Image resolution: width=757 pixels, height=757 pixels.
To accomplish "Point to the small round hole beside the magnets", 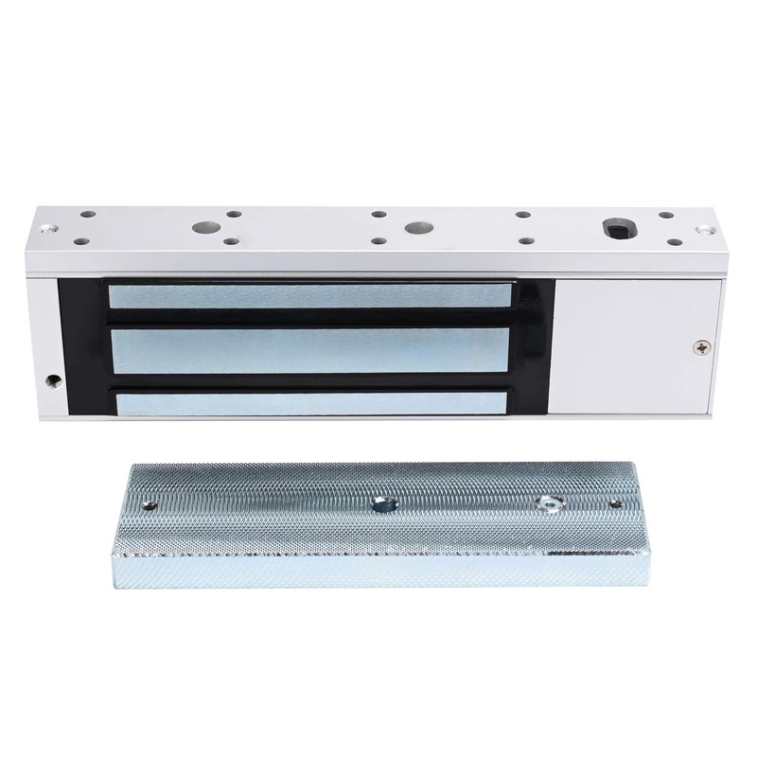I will click(x=50, y=382).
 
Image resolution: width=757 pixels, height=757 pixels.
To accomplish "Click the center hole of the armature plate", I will click(x=382, y=502).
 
